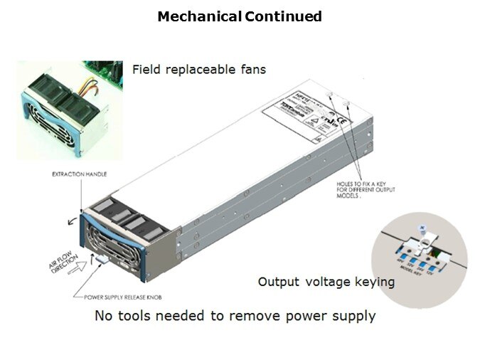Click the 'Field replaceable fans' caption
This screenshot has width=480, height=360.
(x=199, y=70)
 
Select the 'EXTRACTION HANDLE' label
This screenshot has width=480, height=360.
(x=78, y=173)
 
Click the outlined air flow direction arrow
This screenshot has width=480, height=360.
(x=87, y=266)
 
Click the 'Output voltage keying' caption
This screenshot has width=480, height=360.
(x=326, y=282)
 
